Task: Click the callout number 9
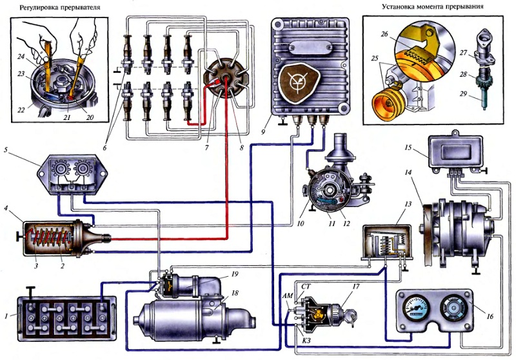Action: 263,132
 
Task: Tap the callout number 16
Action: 490,316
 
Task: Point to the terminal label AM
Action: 288,296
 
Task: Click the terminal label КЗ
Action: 306,341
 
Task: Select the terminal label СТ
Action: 306,287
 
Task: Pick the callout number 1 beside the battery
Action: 6,316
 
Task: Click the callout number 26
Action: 384,34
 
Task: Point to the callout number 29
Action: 463,94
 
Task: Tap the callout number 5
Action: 6,150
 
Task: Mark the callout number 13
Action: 408,205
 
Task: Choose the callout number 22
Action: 21,110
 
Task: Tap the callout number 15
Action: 408,148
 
